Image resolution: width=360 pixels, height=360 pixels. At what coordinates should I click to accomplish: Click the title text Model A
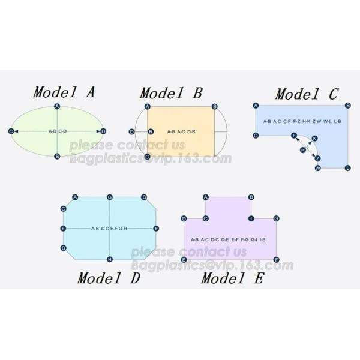pyautogui.click(x=64, y=92)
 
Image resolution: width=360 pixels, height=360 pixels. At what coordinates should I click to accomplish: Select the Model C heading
pyautogui.click(x=307, y=94)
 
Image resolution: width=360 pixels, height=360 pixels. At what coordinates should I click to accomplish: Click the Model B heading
pyautogui.click(x=171, y=93)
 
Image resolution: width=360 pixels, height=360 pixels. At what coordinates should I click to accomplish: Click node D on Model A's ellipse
pyautogui.click(x=103, y=131)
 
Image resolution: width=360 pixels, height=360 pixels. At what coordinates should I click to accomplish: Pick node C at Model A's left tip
pyautogui.click(x=11, y=131)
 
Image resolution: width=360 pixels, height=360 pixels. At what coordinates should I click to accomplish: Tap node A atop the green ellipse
pyautogui.click(x=57, y=106)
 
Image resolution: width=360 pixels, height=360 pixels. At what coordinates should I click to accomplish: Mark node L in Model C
pyautogui.click(x=348, y=168)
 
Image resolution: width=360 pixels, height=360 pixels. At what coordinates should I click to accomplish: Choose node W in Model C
pyautogui.click(x=318, y=168)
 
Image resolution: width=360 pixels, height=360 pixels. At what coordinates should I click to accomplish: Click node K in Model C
pyautogui.click(x=315, y=138)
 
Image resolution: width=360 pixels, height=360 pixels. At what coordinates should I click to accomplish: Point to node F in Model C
pyautogui.click(x=294, y=136)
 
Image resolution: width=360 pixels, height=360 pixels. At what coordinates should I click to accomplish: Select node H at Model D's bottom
pyautogui.click(x=110, y=259)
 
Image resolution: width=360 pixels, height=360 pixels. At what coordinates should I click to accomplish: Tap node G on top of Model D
pyautogui.click(x=110, y=197)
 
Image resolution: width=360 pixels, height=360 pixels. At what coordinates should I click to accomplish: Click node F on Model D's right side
pyautogui.click(x=156, y=229)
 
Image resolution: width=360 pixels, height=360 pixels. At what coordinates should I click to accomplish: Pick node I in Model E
pyautogui.click(x=251, y=218)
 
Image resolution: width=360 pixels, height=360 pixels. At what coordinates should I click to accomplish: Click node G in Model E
pyautogui.click(x=276, y=218)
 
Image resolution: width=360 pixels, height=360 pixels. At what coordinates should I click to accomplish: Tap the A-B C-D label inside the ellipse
pyautogui.click(x=57, y=131)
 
